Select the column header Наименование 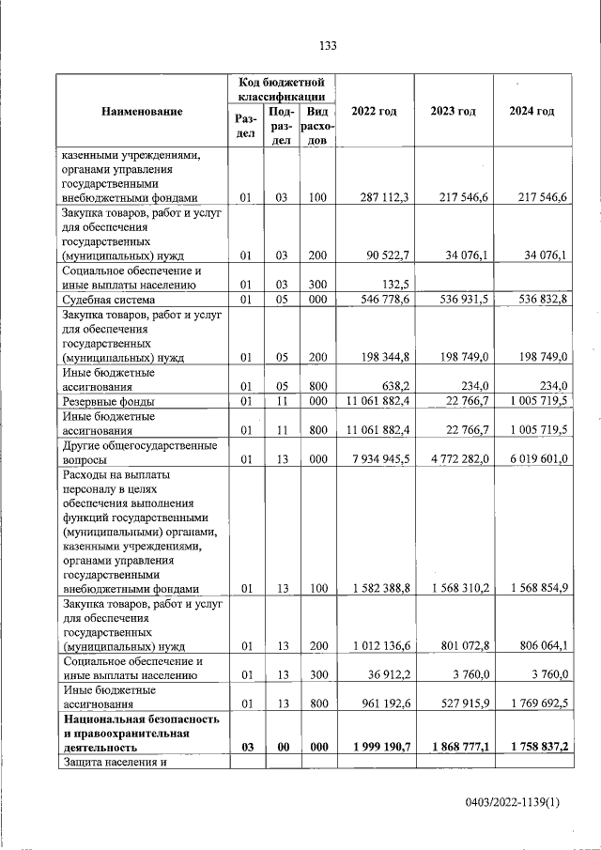click(143, 112)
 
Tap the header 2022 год click(374, 112)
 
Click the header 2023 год click(454, 112)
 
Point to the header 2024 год click(532, 112)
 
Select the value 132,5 click(394, 286)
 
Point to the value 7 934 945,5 click(378, 461)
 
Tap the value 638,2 click(394, 387)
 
